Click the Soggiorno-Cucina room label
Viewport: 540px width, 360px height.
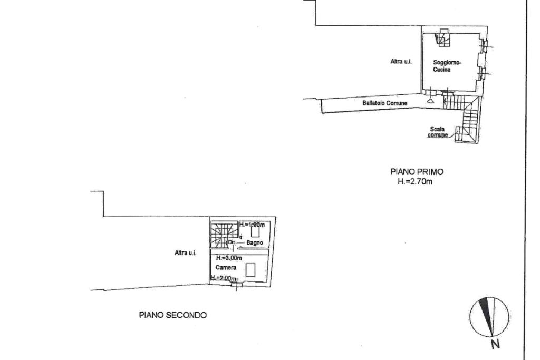(x=447, y=65)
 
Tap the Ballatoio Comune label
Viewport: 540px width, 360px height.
(x=384, y=103)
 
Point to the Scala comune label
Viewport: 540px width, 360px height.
(x=438, y=132)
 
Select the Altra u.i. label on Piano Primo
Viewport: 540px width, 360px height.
(x=401, y=62)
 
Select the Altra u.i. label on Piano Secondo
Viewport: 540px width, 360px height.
(x=186, y=253)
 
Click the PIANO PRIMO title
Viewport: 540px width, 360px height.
(x=417, y=171)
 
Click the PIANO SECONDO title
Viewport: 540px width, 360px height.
(x=173, y=315)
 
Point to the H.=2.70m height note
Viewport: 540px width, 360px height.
(x=416, y=182)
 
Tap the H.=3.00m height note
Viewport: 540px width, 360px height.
(x=229, y=258)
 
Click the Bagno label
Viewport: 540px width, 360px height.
(x=255, y=242)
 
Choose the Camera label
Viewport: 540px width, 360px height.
(x=226, y=268)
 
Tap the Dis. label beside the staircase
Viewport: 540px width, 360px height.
(x=232, y=242)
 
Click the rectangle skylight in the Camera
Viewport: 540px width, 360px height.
(x=250, y=270)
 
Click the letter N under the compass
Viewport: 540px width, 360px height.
(x=496, y=345)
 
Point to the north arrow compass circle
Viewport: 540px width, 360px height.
(x=489, y=317)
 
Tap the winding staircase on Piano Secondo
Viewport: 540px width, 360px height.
(x=221, y=235)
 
